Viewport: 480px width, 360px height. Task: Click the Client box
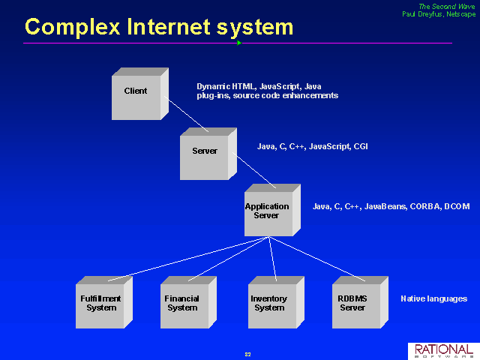140,94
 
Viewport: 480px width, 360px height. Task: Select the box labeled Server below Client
208,154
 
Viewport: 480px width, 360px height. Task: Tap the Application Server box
272,210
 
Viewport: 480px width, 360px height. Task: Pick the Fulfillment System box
104,302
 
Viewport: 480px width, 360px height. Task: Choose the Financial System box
188,302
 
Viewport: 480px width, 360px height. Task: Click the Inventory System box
276,302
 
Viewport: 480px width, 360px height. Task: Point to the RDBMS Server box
360,302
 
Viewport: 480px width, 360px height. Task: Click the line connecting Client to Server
186,114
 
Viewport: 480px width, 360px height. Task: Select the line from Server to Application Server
254,170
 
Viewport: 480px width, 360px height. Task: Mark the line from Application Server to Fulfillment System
188,259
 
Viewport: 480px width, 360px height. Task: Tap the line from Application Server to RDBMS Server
317,259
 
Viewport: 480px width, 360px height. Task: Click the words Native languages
434,298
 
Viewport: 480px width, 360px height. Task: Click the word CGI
361,147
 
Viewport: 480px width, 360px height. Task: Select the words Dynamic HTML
226,87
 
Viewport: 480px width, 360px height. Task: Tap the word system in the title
255,28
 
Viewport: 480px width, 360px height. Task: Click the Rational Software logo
444,351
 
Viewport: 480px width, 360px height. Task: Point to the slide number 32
248,355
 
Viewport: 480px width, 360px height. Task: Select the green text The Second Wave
447,7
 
